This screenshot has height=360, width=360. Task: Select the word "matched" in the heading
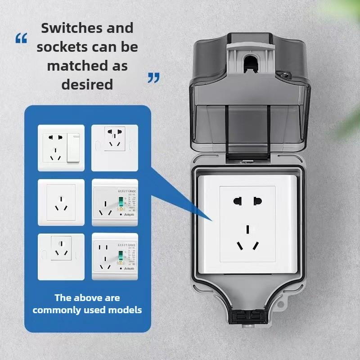click(74, 65)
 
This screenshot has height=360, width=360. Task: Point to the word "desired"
click(87, 84)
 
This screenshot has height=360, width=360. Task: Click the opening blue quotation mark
click(21, 39)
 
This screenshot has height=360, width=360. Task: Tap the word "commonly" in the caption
click(57, 310)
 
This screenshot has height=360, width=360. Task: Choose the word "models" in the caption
click(126, 310)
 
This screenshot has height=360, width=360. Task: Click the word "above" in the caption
click(88, 297)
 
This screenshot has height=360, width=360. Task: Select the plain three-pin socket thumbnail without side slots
click(62, 202)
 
